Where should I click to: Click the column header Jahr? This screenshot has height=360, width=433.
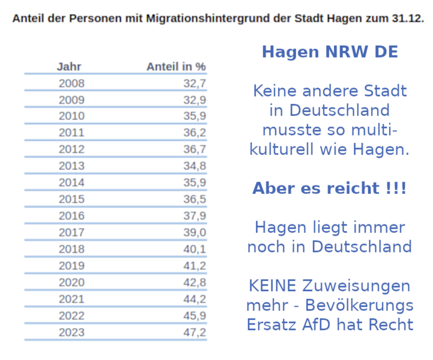click(69, 67)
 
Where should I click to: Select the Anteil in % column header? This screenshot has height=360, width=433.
click(176, 67)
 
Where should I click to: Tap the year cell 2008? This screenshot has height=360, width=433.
click(71, 83)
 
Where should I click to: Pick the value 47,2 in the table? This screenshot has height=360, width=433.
click(195, 332)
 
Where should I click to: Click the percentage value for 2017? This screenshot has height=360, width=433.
click(195, 232)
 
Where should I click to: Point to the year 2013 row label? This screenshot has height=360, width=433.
click(71, 166)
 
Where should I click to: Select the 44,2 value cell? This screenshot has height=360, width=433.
click(195, 299)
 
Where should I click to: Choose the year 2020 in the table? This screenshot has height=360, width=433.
click(71, 282)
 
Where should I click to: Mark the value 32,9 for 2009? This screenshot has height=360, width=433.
click(195, 100)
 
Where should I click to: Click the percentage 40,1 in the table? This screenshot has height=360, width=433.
click(195, 249)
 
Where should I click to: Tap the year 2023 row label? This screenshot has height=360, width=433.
click(71, 332)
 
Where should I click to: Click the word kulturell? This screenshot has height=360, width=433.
click(285, 149)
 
